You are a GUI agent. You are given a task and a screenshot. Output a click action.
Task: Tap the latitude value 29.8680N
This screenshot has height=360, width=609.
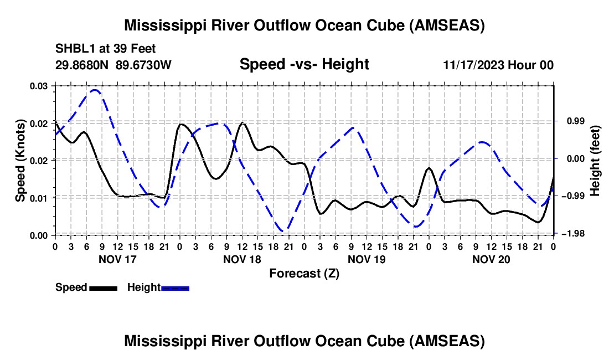point(82,65)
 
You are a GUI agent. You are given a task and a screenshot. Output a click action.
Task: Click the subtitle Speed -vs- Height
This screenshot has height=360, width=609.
point(304,64)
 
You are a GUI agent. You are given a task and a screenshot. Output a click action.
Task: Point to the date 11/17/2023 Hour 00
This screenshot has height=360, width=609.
point(498,65)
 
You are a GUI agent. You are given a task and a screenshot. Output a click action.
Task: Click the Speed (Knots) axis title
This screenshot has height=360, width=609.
point(20,161)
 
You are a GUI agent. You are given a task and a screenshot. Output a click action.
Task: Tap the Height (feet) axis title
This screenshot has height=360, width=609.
point(595,161)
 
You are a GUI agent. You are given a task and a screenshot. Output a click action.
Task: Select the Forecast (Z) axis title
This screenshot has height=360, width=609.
point(304,273)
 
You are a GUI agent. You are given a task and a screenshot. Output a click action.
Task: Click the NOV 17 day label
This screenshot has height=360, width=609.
point(117,259)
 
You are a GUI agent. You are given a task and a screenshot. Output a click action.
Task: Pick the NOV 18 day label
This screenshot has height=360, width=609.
point(242,259)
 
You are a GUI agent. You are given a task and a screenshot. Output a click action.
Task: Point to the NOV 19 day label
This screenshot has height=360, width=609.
point(366,259)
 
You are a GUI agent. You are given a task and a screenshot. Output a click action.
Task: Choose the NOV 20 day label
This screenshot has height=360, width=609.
point(491,259)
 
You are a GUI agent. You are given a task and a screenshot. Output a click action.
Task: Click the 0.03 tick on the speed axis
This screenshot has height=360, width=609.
point(39,86)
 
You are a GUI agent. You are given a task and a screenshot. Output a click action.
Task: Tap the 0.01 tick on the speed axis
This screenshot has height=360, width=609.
point(39,198)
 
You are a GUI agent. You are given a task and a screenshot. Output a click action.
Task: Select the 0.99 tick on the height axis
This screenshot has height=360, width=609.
point(571,121)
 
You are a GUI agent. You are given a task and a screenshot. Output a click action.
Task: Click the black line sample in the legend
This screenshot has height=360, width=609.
point(103,287)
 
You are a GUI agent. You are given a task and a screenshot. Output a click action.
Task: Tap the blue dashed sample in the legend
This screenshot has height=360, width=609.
point(175,287)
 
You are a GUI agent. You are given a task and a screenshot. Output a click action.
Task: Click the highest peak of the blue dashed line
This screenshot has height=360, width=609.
point(95,90)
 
